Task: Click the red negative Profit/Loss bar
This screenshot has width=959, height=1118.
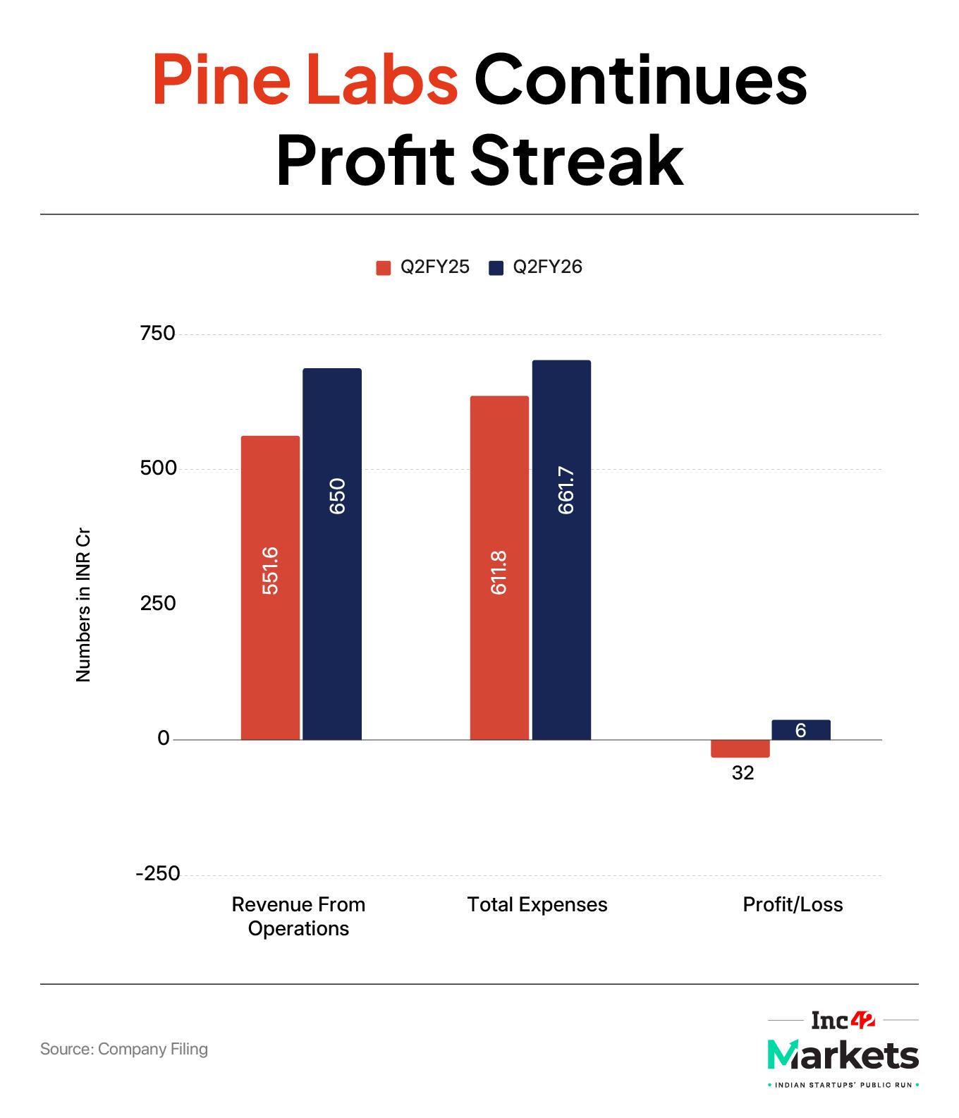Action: click(740, 748)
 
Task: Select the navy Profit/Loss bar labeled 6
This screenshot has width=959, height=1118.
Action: click(801, 730)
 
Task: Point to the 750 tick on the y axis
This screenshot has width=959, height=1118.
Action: click(157, 334)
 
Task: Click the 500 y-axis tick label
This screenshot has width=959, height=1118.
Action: click(157, 469)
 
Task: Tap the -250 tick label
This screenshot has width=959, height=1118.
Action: click(158, 874)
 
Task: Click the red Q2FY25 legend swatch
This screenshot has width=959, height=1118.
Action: click(384, 268)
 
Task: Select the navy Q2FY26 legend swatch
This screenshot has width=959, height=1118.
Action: click(496, 268)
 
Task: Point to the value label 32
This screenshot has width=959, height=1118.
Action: click(743, 774)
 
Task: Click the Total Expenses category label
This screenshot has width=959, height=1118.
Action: click(537, 905)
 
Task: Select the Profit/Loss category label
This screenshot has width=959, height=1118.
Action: click(793, 905)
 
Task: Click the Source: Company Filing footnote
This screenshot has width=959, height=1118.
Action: click(124, 1049)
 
